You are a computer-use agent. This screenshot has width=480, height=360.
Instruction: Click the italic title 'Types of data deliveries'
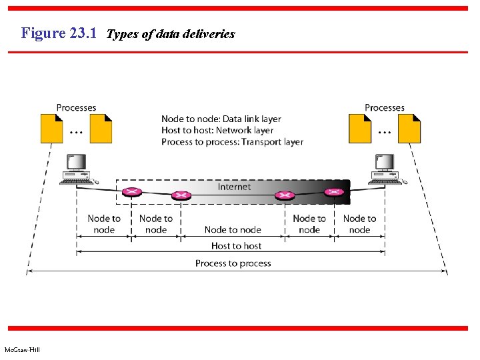[x=171, y=34]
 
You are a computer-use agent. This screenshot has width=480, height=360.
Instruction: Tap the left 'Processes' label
[x=76, y=107]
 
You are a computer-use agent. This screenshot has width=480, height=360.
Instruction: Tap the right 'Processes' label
[x=384, y=107]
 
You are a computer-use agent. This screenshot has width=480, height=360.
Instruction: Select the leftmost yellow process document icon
[x=51, y=129]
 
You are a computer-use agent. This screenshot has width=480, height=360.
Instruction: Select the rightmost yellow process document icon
[x=409, y=129]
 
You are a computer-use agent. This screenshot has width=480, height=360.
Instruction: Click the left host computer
[x=75, y=169]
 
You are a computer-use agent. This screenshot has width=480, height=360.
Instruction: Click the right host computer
[x=383, y=169]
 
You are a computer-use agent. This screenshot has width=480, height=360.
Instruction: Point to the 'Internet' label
[x=234, y=187]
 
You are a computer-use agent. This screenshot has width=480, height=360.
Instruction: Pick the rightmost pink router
[x=333, y=193]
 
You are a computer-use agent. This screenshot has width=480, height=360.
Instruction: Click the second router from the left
[x=181, y=195]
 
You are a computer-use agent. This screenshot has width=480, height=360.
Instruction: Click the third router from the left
[x=285, y=195]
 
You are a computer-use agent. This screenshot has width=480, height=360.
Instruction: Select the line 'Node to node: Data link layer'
[x=221, y=119]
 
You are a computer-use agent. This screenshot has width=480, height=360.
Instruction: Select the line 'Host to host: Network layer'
[x=217, y=131]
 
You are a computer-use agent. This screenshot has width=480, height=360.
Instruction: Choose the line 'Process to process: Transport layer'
[x=232, y=142]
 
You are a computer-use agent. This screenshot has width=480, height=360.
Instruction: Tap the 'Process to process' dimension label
[x=233, y=263]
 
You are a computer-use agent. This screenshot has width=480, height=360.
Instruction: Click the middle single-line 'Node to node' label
[x=233, y=230]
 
